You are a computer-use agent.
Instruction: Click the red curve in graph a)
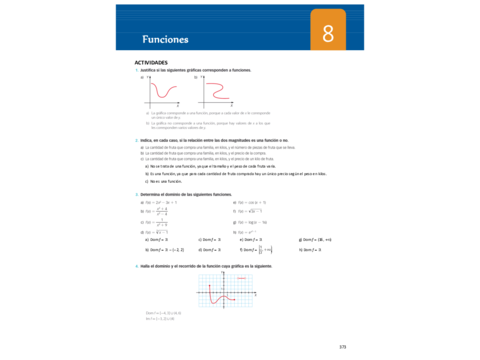point(160,93)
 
